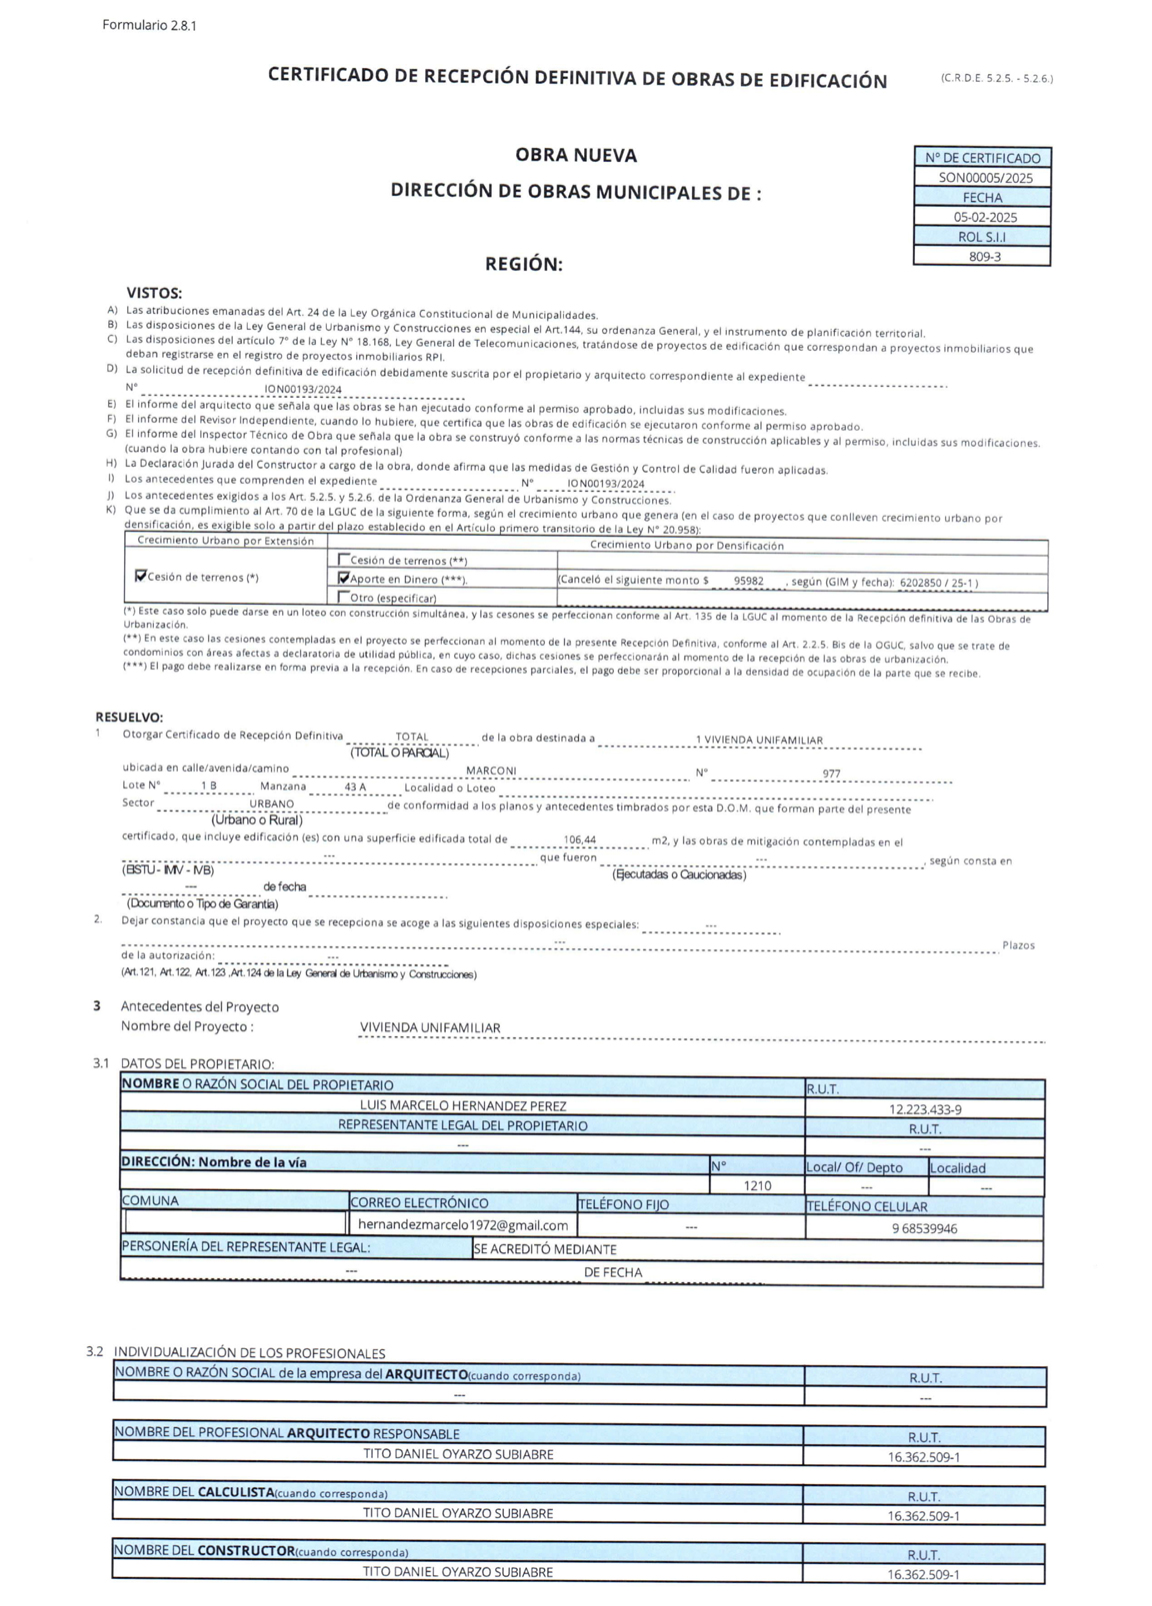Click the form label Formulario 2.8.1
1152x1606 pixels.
pyautogui.click(x=149, y=25)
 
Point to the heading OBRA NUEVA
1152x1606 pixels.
pyautogui.click(x=576, y=155)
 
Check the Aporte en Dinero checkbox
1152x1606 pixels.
pyautogui.click(x=344, y=578)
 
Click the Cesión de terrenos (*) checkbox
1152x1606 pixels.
pyautogui.click(x=140, y=576)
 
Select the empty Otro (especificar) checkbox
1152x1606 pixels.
pyautogui.click(x=344, y=597)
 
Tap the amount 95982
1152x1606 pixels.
pyautogui.click(x=748, y=581)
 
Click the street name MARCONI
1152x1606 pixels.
pyautogui.click(x=491, y=771)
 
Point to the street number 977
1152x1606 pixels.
pyautogui.click(x=831, y=774)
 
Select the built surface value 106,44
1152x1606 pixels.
pyautogui.click(x=579, y=840)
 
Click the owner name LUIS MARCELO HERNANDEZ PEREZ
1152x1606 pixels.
pyautogui.click(x=463, y=1106)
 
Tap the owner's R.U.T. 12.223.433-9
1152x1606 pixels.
pyautogui.click(x=924, y=1109)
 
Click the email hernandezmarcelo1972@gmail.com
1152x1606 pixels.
pyautogui.click(x=463, y=1224)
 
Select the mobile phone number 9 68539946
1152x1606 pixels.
pyautogui.click(x=924, y=1228)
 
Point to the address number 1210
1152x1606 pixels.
pyautogui.click(x=757, y=1185)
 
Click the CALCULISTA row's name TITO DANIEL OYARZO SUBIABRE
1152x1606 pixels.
pyautogui.click(x=457, y=1513)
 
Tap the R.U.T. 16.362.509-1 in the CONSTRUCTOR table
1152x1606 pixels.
pyautogui.click(x=923, y=1575)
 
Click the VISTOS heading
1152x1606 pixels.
pyautogui.click(x=154, y=293)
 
